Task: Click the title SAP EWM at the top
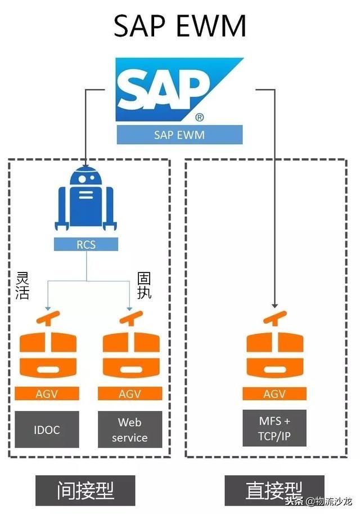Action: [x=180, y=25]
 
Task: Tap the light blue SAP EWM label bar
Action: [x=179, y=135]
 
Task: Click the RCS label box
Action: [x=86, y=244]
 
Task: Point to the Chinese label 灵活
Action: [x=22, y=286]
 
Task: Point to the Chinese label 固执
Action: [x=145, y=286]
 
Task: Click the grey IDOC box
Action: [x=47, y=430]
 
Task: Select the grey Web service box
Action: [x=130, y=430]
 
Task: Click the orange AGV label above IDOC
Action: [x=47, y=394]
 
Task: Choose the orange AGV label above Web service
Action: [x=130, y=394]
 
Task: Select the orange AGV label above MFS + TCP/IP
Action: [x=274, y=394]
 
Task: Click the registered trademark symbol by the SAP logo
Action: [x=200, y=118]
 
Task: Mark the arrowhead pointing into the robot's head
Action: [x=84, y=164]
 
